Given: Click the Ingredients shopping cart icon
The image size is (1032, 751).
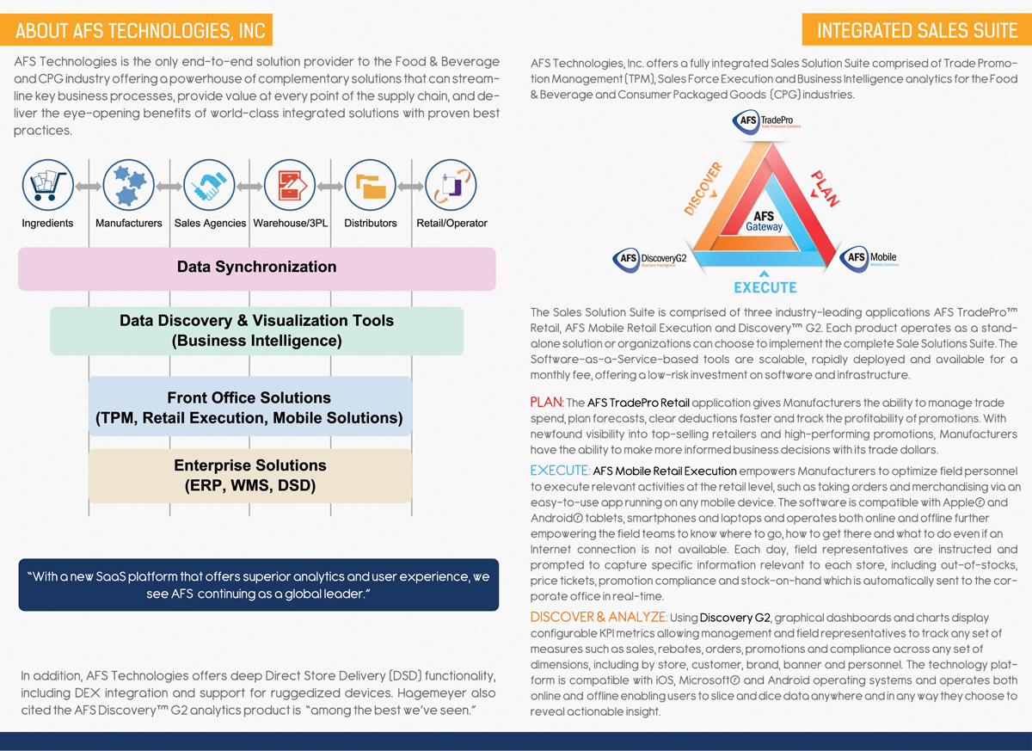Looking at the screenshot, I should (x=48, y=186).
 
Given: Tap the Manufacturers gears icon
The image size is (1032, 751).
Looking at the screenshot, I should (x=129, y=186).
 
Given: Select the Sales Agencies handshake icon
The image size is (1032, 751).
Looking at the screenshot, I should (x=210, y=186).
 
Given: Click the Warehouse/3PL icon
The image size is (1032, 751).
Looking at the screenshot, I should (x=290, y=186).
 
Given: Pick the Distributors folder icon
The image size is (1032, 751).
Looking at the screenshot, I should (x=371, y=186).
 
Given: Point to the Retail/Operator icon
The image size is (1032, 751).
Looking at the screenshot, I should (x=451, y=186).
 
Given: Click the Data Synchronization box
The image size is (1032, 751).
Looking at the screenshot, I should (x=257, y=268).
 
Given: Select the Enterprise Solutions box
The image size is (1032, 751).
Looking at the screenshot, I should (x=250, y=476).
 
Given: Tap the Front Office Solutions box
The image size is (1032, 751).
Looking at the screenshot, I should (x=249, y=408).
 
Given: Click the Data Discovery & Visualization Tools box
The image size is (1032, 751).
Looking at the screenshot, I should (x=256, y=331).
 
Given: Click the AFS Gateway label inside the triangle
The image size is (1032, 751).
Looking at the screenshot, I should (x=764, y=222).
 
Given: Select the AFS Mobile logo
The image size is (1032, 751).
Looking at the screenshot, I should (x=869, y=258).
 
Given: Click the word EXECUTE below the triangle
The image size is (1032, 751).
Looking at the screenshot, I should (x=765, y=286).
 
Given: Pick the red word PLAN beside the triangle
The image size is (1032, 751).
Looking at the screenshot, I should (x=824, y=188).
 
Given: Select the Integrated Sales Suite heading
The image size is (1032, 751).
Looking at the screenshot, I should (x=917, y=31).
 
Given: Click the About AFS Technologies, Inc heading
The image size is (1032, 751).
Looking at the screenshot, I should (x=140, y=31).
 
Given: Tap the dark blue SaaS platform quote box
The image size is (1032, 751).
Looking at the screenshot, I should (x=258, y=586).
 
